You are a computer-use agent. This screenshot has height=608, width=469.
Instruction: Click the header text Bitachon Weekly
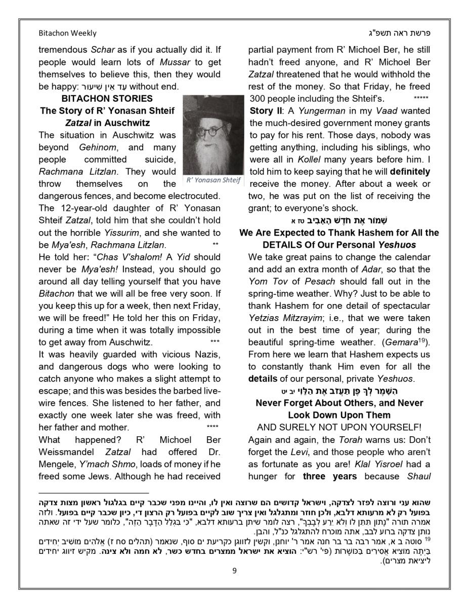click(67, 33)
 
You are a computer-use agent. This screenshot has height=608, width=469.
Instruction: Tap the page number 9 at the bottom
click(234, 571)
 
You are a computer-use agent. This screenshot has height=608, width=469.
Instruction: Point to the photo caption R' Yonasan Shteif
click(214, 180)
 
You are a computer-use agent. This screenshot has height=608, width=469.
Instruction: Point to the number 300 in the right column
click(257, 98)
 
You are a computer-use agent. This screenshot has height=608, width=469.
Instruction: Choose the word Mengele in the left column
click(56, 464)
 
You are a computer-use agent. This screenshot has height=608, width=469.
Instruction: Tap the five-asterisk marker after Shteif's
click(421, 97)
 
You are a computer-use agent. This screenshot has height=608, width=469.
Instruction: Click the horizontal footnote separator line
click(94, 492)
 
